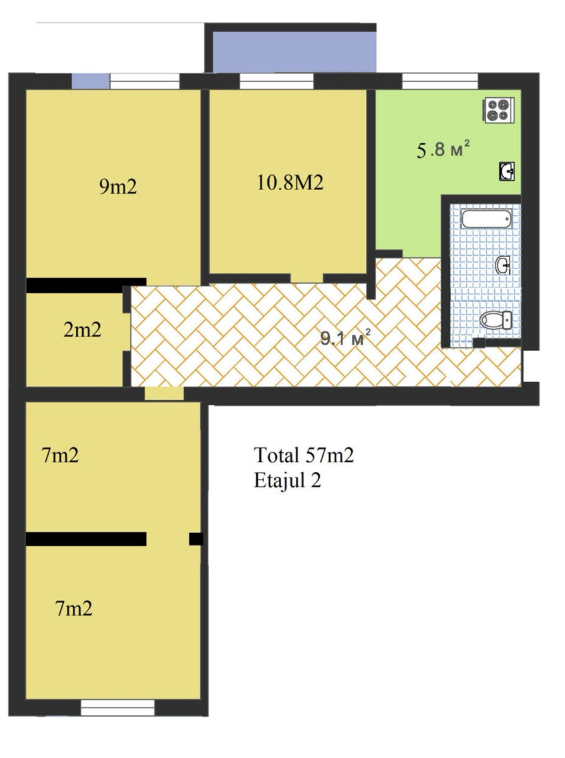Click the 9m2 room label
(x=118, y=187)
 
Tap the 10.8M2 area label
(x=290, y=183)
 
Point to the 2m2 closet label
(x=82, y=330)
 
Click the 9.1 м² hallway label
(x=346, y=339)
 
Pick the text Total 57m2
(x=304, y=455)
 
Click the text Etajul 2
(x=288, y=481)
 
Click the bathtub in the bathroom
(x=486, y=219)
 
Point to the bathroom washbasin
(x=504, y=265)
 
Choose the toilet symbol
(x=495, y=320)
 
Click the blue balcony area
(x=294, y=52)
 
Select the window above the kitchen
(x=440, y=81)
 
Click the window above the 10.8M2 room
(x=277, y=81)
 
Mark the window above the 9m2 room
(x=145, y=81)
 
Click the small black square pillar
(x=196, y=539)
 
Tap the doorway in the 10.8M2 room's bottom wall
(x=307, y=278)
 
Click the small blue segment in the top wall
(x=90, y=81)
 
